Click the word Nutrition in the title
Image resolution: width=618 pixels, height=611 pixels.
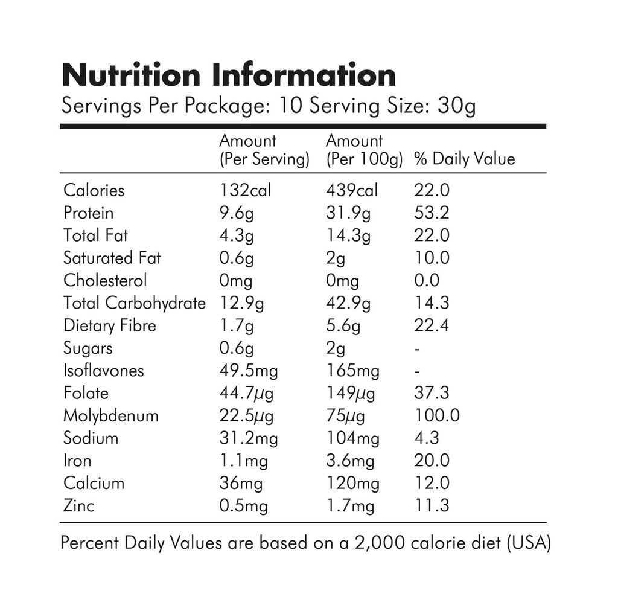(x=132, y=75)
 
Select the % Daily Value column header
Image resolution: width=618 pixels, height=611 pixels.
(x=465, y=159)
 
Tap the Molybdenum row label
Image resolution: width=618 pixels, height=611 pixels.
(x=111, y=415)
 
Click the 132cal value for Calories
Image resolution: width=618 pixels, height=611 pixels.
(x=245, y=190)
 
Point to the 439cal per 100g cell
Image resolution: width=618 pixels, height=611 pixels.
(x=352, y=190)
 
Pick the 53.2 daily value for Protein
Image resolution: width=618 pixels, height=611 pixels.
(x=432, y=213)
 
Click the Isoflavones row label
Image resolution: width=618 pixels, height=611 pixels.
(x=104, y=370)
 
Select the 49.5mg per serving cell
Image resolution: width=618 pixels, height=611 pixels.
(x=249, y=370)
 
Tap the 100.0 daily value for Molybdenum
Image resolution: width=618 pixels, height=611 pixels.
(x=437, y=415)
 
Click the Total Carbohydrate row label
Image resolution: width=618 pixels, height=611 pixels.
(x=135, y=302)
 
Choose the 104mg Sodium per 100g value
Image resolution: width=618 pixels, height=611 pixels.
(x=353, y=438)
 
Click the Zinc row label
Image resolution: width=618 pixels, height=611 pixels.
(x=79, y=505)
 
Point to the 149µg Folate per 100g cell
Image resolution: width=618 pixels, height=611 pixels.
(x=351, y=394)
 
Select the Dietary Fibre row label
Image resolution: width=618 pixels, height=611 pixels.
(x=110, y=325)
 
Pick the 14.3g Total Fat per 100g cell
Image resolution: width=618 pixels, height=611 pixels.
(x=349, y=235)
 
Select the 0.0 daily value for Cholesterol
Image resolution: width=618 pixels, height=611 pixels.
(x=427, y=280)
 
